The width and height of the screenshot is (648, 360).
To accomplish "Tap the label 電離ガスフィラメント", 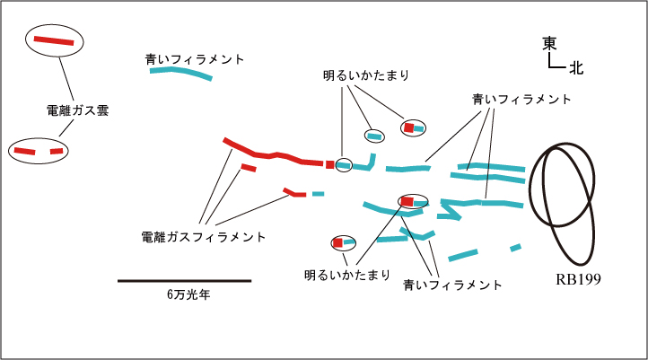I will (x=204, y=237).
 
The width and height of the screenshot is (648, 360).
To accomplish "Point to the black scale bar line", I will (x=184, y=281).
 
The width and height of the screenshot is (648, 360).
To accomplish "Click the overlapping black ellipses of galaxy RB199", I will (x=564, y=198).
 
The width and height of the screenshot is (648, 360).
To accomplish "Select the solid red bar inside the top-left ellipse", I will (x=55, y=40).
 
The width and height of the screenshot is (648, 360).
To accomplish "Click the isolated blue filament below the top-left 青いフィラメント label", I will (x=180, y=71).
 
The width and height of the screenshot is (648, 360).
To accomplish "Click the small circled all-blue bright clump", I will (x=373, y=136).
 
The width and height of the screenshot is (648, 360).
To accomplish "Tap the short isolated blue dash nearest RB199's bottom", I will (x=514, y=247).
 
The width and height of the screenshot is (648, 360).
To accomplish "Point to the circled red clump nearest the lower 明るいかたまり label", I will (x=339, y=241).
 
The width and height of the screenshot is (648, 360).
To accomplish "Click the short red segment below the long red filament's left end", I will (x=248, y=167).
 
